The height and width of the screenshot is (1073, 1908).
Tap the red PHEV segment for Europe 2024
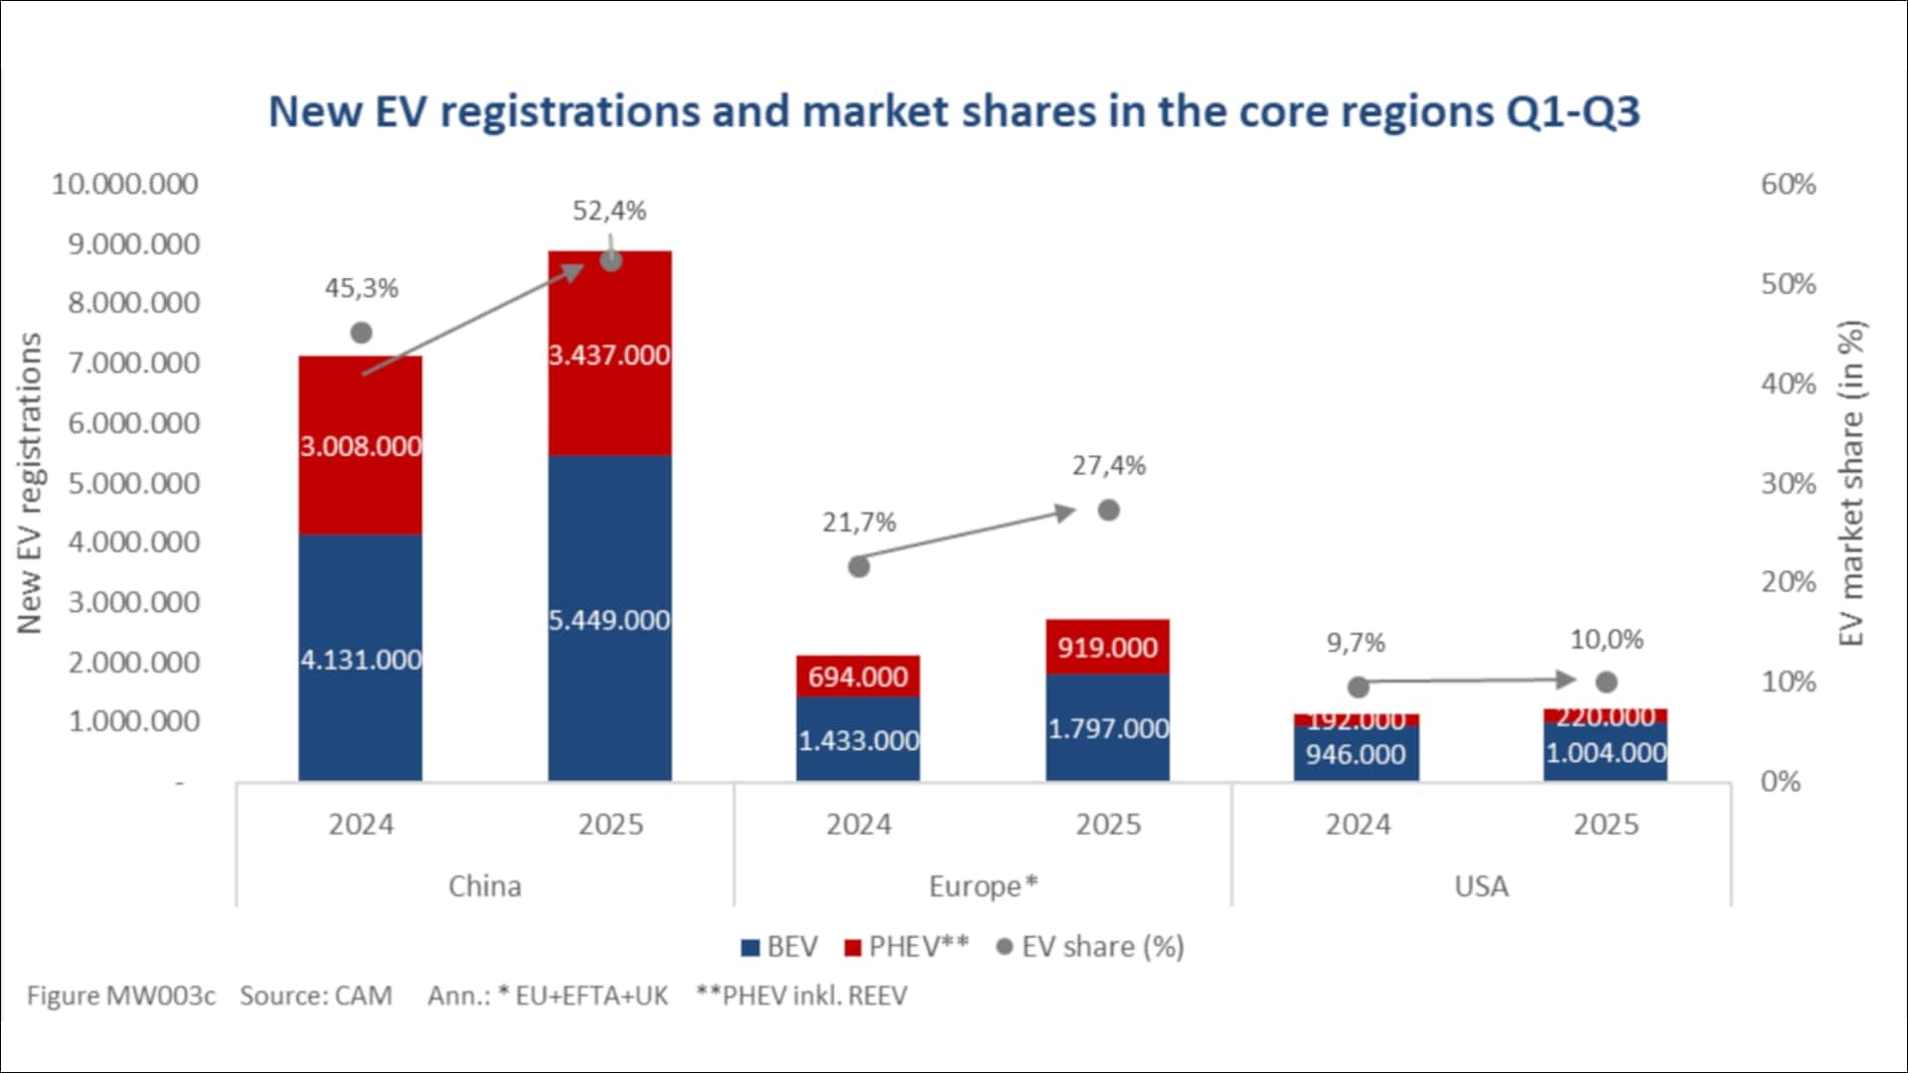tap(858, 677)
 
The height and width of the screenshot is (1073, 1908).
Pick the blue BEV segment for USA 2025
tap(1605, 753)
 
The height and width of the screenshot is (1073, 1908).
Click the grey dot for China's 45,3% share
tap(362, 333)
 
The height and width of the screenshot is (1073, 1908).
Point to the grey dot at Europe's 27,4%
tap(1109, 511)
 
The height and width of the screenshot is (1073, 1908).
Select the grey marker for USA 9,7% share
tap(1358, 687)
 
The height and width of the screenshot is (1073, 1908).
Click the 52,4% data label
tap(609, 211)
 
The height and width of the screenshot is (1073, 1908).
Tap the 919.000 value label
tap(1107, 648)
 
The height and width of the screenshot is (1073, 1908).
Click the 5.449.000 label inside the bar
tap(609, 620)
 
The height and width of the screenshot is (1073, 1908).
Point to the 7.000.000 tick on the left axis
tap(133, 363)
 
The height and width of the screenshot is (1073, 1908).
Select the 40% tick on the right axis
tap(1788, 383)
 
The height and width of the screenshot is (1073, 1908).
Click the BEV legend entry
tap(780, 947)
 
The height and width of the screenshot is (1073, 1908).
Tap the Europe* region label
tap(983, 885)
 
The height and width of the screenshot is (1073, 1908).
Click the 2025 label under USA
tap(1606, 825)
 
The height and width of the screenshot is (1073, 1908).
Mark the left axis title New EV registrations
tap(30, 483)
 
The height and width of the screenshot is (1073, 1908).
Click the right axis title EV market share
tap(1850, 483)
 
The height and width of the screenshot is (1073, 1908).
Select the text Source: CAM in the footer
tap(316, 996)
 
